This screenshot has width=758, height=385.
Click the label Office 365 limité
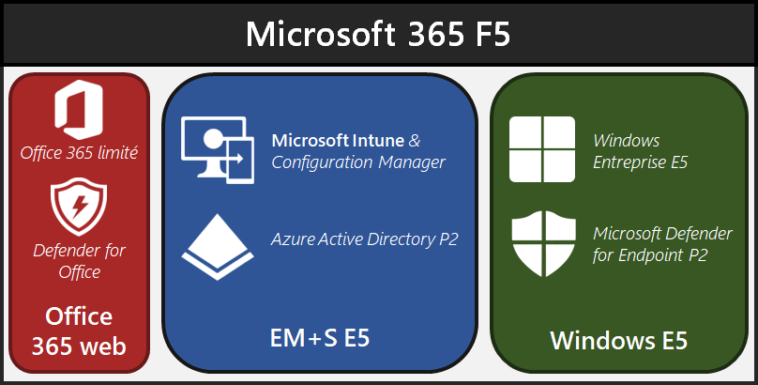[x=80, y=152]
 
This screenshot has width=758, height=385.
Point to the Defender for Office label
[x=79, y=261]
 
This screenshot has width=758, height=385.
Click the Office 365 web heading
[x=79, y=331]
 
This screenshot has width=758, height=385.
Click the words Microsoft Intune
[x=338, y=140]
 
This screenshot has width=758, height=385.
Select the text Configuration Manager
[x=357, y=162]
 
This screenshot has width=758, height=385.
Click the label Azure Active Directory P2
[x=364, y=239]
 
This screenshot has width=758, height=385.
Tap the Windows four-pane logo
[x=541, y=149]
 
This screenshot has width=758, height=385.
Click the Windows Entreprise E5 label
[x=641, y=151]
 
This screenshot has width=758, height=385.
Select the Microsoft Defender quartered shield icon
[x=542, y=243]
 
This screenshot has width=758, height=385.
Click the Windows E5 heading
[x=618, y=339]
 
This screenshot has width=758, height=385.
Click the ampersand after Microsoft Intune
[x=415, y=140]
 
